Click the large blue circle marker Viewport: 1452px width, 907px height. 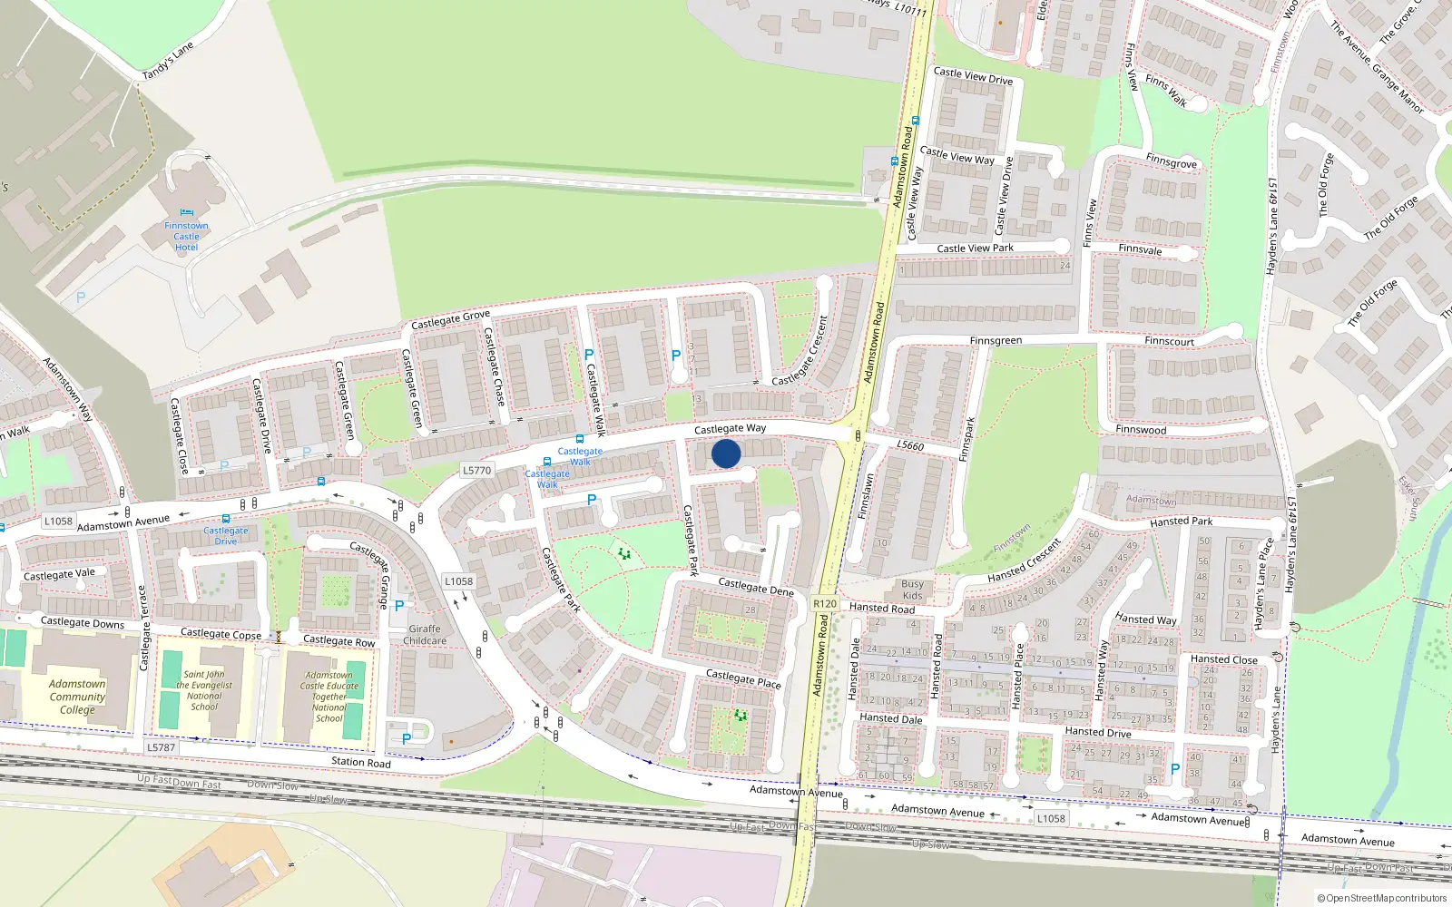pos(726,453)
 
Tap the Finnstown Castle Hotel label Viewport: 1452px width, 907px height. pos(186,236)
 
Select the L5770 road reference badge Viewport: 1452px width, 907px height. pos(476,470)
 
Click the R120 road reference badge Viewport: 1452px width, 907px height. pos(824,603)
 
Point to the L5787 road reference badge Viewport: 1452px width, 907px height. pos(161,747)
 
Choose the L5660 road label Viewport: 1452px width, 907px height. pos(910,445)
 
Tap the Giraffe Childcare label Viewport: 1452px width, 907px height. pos(425,635)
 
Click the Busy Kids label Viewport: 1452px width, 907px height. pos(912,590)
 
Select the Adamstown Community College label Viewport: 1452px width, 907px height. pos(77,697)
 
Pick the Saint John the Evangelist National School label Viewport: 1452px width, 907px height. pos(205,690)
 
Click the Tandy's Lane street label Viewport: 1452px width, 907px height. pos(168,61)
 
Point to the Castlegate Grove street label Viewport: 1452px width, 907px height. pos(450,319)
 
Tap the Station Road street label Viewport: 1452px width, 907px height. pos(360,762)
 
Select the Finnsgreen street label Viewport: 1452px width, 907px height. pos(996,341)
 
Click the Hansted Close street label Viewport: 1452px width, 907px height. pos(1223,659)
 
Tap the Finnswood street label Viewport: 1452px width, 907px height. pos(1141,429)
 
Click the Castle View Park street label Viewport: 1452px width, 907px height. pos(975,248)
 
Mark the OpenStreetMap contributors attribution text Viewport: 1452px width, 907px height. pos(1381,898)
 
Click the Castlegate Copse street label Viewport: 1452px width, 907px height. pos(221,633)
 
